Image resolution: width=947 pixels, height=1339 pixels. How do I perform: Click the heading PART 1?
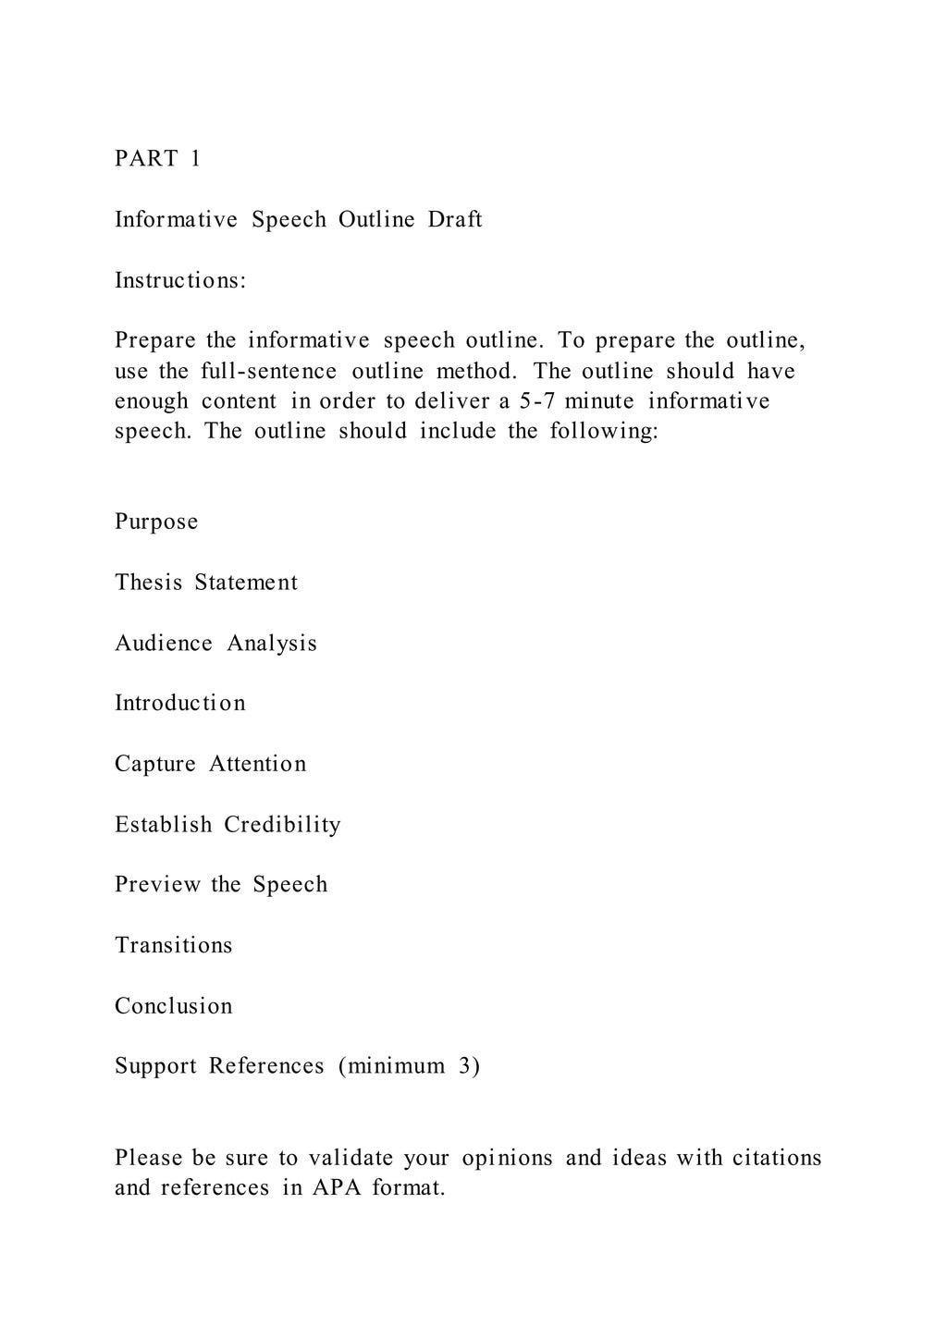[x=157, y=159]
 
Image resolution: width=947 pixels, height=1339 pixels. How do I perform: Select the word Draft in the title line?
[x=454, y=220]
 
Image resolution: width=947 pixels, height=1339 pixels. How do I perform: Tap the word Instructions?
[x=180, y=280]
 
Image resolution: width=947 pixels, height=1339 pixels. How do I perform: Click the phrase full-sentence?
[x=268, y=372]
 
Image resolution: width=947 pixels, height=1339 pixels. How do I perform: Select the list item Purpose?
[x=156, y=522]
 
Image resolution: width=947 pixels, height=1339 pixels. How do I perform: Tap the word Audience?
[x=164, y=644]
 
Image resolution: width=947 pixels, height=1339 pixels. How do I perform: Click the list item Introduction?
[x=180, y=704]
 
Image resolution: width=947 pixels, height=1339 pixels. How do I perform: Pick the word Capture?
[x=155, y=765]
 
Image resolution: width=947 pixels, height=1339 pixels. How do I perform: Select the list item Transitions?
[x=174, y=946]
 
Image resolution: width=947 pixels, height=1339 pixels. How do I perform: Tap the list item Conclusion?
[x=174, y=1006]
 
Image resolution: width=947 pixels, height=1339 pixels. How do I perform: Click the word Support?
[x=155, y=1067]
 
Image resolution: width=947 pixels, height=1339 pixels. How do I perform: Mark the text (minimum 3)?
[x=409, y=1067]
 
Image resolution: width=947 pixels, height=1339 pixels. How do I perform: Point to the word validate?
[x=351, y=1158]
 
